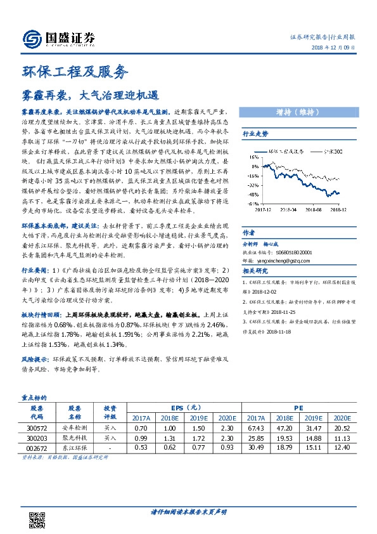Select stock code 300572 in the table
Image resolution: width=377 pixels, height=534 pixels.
37,429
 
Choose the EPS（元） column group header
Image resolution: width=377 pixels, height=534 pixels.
186,408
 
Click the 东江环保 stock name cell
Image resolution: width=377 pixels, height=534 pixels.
75,448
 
